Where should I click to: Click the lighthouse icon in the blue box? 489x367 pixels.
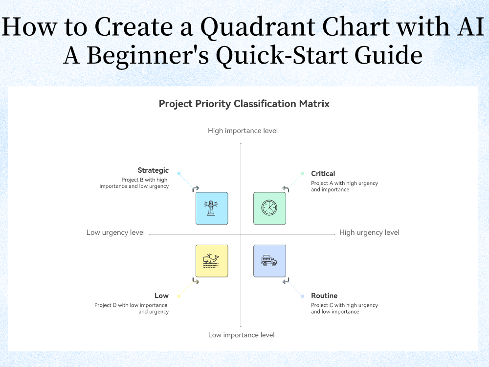[x=211, y=208]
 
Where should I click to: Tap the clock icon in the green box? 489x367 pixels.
[x=269, y=208]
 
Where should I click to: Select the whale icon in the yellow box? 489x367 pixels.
[x=211, y=260]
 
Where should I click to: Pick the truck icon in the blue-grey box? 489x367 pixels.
[x=269, y=260]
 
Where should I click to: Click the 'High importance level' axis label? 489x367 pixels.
[x=243, y=131]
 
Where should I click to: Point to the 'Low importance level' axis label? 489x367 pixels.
[x=241, y=335]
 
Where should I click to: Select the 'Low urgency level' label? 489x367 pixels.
[x=115, y=232]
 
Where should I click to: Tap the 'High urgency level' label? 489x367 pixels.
[x=369, y=232]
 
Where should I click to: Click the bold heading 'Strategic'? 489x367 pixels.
[x=153, y=170]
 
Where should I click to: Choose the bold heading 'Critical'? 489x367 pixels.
[x=323, y=173]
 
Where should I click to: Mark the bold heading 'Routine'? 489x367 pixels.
[x=324, y=296]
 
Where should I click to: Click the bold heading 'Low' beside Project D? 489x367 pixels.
[x=161, y=296]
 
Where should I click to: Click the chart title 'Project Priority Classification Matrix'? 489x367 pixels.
[x=244, y=104]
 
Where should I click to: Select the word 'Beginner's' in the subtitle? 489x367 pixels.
[x=147, y=56]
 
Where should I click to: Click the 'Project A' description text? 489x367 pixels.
[x=344, y=186]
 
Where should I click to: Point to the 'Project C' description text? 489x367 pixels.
[x=344, y=308]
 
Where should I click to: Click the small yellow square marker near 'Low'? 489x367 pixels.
[x=179, y=296]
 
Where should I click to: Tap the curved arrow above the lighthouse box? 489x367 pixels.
[x=196, y=188]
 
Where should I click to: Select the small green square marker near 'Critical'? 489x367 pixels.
[x=303, y=173]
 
